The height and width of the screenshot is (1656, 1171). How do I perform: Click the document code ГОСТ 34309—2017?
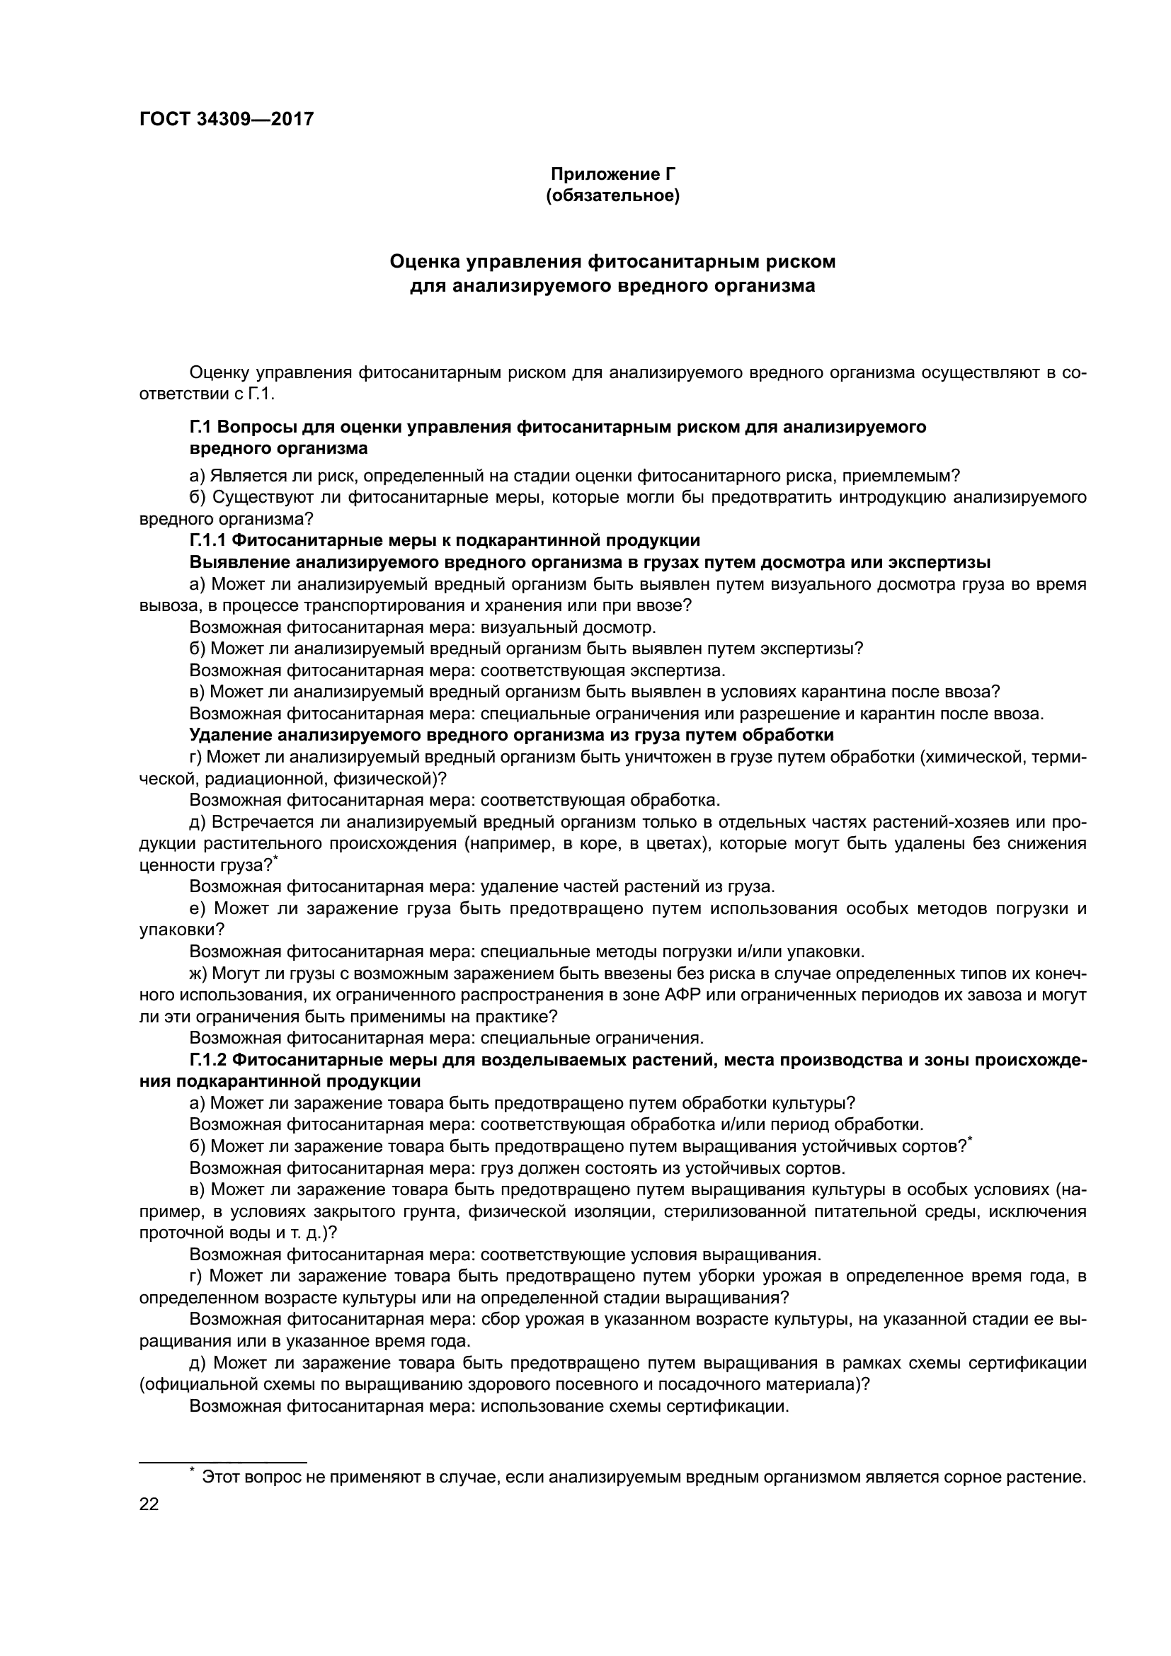227,119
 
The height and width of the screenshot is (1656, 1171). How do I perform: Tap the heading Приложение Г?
613,174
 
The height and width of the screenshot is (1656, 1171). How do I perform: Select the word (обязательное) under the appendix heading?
613,196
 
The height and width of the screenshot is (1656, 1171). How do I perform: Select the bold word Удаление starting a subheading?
231,736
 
